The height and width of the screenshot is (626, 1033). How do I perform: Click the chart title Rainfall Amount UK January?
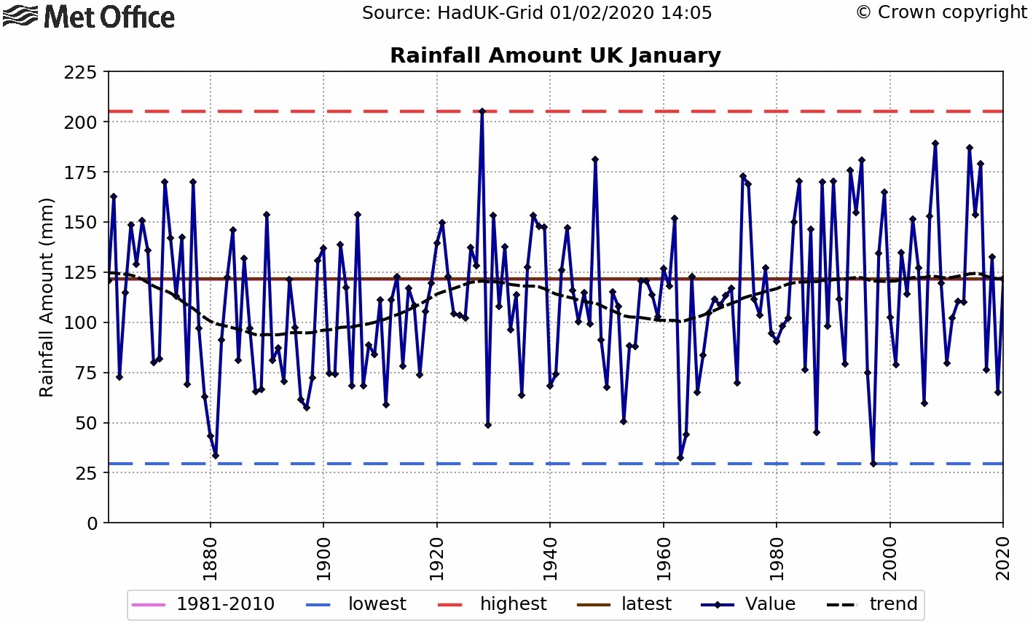click(555, 56)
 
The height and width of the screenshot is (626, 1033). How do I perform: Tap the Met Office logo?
click(89, 17)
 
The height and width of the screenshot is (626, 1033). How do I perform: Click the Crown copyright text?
click(942, 12)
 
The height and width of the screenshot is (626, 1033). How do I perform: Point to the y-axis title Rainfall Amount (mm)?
click(46, 298)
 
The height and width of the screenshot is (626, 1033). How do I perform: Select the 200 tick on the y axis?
click(80, 122)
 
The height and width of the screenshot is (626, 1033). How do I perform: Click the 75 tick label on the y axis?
click(86, 373)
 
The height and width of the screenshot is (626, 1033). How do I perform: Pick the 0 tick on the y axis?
click(93, 523)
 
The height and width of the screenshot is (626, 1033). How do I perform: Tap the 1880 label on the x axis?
click(210, 559)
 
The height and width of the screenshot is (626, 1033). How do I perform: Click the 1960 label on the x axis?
click(663, 559)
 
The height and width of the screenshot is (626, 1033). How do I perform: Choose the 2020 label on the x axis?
click(1003, 559)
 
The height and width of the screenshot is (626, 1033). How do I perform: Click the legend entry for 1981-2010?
click(203, 604)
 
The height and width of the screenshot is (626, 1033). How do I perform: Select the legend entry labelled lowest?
click(356, 604)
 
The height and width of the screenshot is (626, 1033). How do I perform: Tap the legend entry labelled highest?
click(492, 604)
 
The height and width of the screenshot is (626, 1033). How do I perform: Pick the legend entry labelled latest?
click(624, 604)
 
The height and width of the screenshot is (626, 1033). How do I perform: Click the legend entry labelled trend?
click(872, 604)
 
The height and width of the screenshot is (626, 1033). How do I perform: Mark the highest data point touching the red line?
click(482, 111)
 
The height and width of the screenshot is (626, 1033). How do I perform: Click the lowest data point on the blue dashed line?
click(873, 464)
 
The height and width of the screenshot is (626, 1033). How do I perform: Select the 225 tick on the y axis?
click(80, 73)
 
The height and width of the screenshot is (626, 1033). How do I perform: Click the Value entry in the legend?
click(748, 604)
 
